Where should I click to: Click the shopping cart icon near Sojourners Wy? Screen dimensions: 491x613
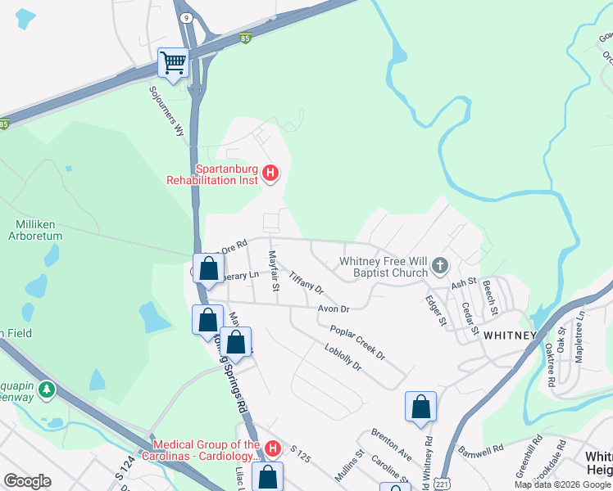click(x=173, y=63)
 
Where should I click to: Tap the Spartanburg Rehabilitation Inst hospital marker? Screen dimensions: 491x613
click(x=271, y=173)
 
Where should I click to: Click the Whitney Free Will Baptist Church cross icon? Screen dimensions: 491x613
click(x=440, y=265)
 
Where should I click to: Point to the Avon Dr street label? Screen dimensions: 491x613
click(x=334, y=309)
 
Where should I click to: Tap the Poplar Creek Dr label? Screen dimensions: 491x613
click(x=357, y=342)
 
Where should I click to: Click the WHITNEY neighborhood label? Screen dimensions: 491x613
click(x=509, y=336)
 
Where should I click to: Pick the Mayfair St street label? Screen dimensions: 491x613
click(x=275, y=272)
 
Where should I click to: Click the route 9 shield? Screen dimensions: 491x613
click(x=187, y=17)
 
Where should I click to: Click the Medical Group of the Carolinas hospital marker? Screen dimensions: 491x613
click(x=274, y=448)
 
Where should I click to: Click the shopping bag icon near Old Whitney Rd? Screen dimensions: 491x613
click(x=420, y=407)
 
